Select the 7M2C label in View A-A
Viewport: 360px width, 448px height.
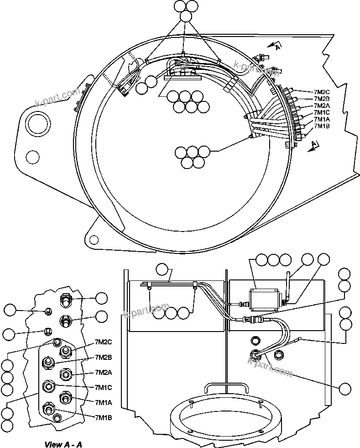point(104,342)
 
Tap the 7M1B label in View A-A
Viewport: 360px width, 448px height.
point(104,417)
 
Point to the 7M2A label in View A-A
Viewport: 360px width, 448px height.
point(104,372)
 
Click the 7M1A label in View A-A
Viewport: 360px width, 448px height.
point(104,402)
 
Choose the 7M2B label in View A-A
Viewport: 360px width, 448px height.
point(104,357)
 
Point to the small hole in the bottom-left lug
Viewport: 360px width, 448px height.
point(94,239)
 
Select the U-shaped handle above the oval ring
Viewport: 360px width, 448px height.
point(226,386)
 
